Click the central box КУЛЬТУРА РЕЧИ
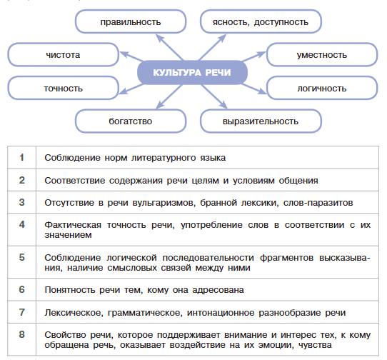[x=192, y=73]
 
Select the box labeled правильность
[x=131, y=21]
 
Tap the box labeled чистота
[x=63, y=54]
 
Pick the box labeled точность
[x=63, y=88]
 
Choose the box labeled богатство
[x=131, y=121]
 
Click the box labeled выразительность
[x=261, y=121]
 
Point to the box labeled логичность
[x=322, y=88]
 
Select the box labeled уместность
[x=322, y=54]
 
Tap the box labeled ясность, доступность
[x=261, y=21]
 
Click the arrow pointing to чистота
[x=131, y=56]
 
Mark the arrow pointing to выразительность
[x=214, y=96]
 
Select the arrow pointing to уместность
[x=253, y=56]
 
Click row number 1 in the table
[x=21, y=157]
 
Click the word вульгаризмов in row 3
[x=164, y=203]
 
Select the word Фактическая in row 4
[x=73, y=225]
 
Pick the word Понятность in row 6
[x=70, y=289]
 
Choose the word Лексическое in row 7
[x=74, y=313]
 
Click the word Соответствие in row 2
[x=75, y=181]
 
